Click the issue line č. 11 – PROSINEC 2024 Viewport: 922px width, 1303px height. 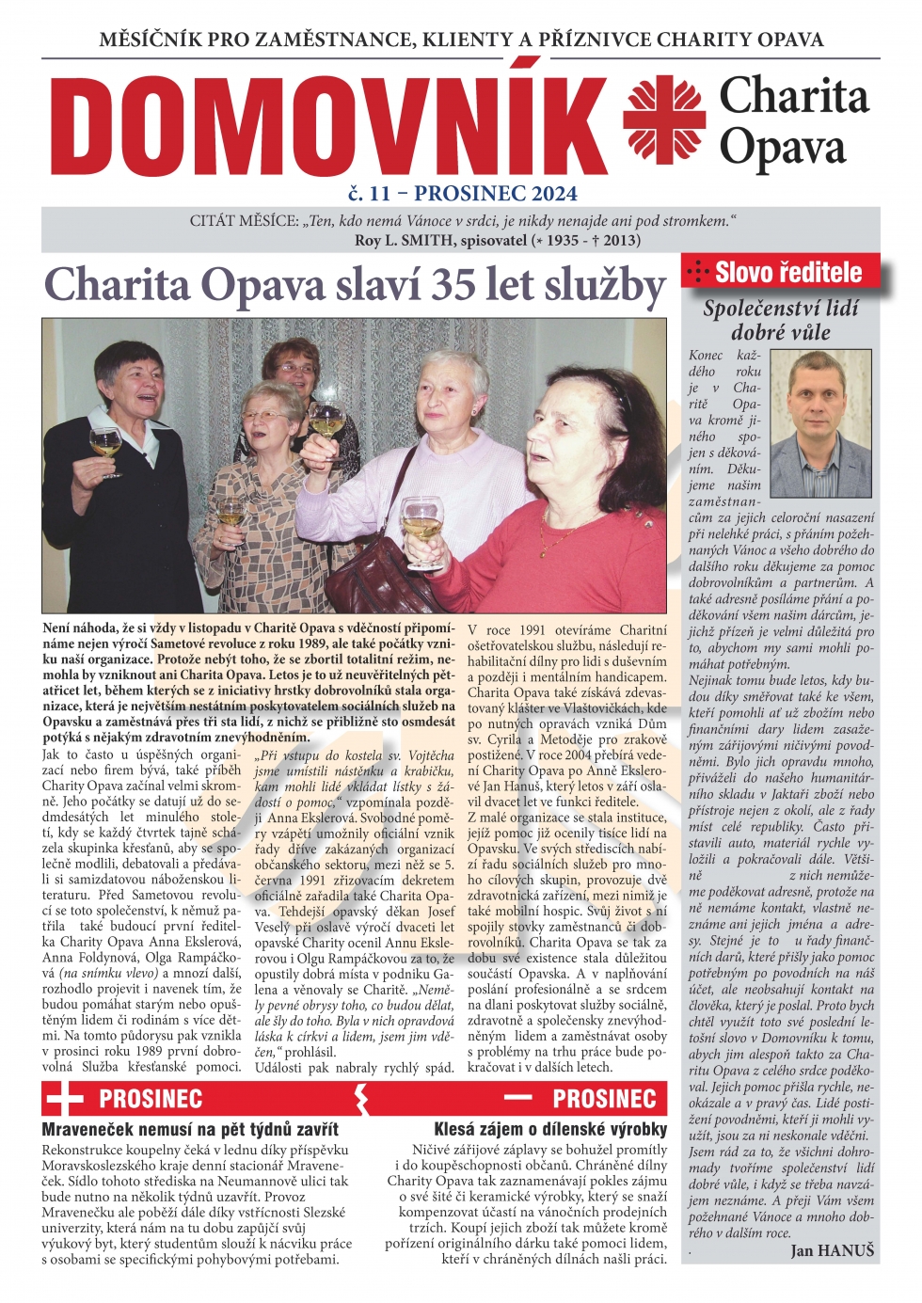click(x=462, y=194)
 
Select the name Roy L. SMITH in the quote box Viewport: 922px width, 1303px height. click(x=405, y=240)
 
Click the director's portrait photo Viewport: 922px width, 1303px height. click(x=819, y=423)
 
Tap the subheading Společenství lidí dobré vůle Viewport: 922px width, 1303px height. click(x=780, y=320)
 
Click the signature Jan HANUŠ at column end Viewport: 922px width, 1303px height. click(x=832, y=1249)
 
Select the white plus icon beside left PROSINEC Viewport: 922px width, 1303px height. click(x=64, y=1099)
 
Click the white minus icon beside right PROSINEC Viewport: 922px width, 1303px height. click(x=517, y=1098)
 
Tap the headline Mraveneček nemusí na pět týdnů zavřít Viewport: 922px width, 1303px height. click(x=190, y=1129)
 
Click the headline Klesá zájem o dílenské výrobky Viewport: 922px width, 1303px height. click(x=549, y=1129)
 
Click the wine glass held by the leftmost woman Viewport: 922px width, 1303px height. click(x=105, y=442)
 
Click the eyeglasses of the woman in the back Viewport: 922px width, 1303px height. click(x=294, y=367)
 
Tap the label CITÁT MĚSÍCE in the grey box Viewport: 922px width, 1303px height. click(x=244, y=221)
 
